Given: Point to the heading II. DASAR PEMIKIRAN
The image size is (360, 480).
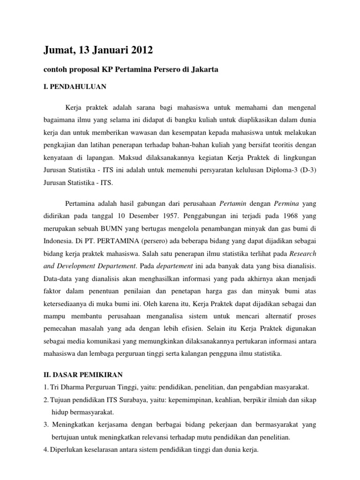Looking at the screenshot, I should pyautogui.click(x=79, y=374).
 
